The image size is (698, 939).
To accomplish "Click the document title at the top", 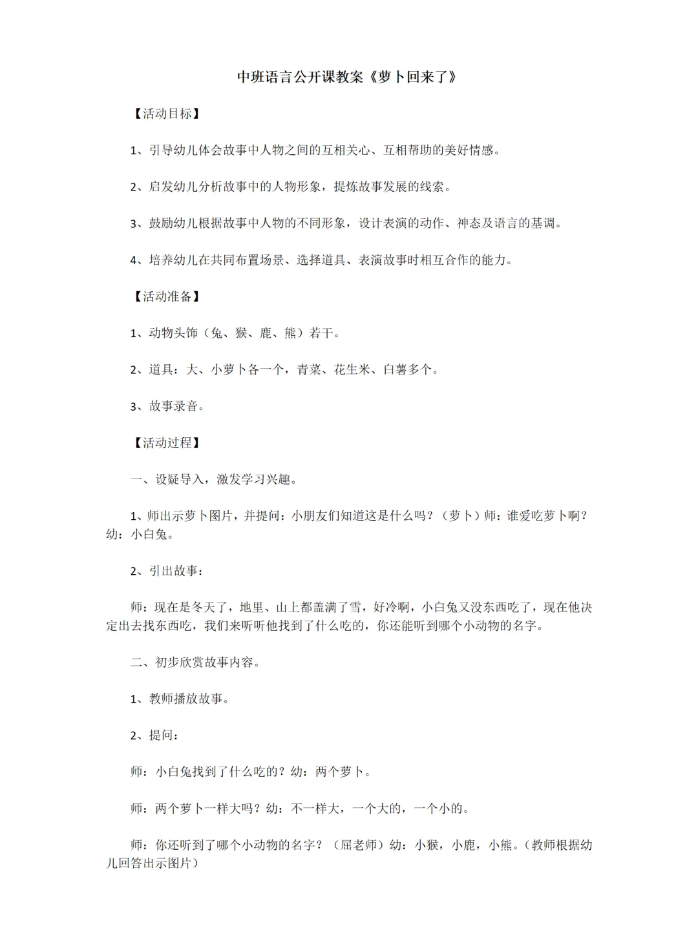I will pyautogui.click(x=348, y=77).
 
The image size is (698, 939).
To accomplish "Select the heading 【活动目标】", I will pyautogui.click(x=167, y=114).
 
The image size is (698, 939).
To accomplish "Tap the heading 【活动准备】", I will pyautogui.click(x=167, y=296).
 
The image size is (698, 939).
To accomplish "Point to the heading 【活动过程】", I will pyautogui.click(x=167, y=443).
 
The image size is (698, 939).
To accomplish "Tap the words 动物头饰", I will pyautogui.click(x=173, y=333).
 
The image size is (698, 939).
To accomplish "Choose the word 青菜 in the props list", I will pyautogui.click(x=309, y=370).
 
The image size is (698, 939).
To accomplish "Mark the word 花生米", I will pyautogui.click(x=352, y=370).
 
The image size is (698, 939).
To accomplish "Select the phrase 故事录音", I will pyautogui.click(x=173, y=407).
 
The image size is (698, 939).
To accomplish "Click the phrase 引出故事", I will pyautogui.click(x=173, y=571).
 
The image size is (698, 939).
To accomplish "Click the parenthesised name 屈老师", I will pyautogui.click(x=358, y=845).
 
